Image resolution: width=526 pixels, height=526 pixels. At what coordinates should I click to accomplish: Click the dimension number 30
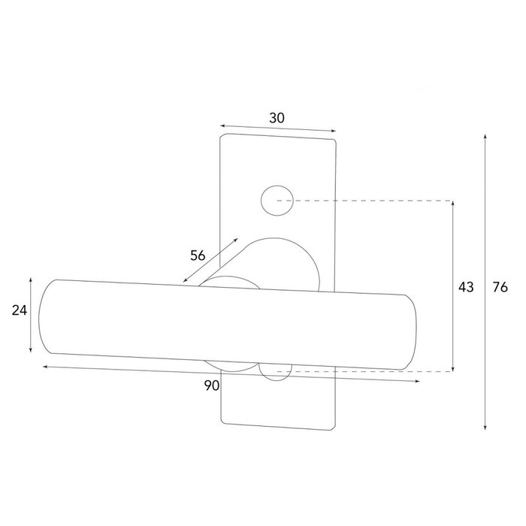click(277, 118)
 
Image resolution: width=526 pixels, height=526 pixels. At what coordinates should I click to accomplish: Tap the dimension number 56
click(198, 255)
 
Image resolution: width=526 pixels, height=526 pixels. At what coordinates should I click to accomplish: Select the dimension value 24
click(19, 310)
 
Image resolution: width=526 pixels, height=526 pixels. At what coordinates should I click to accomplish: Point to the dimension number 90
click(211, 385)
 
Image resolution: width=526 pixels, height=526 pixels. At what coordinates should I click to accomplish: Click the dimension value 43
click(466, 287)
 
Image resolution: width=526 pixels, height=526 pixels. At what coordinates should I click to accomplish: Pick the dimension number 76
click(500, 287)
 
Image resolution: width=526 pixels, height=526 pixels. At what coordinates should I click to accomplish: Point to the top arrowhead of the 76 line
click(485, 138)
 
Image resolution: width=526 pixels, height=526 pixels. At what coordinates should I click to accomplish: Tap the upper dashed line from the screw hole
click(368, 201)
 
